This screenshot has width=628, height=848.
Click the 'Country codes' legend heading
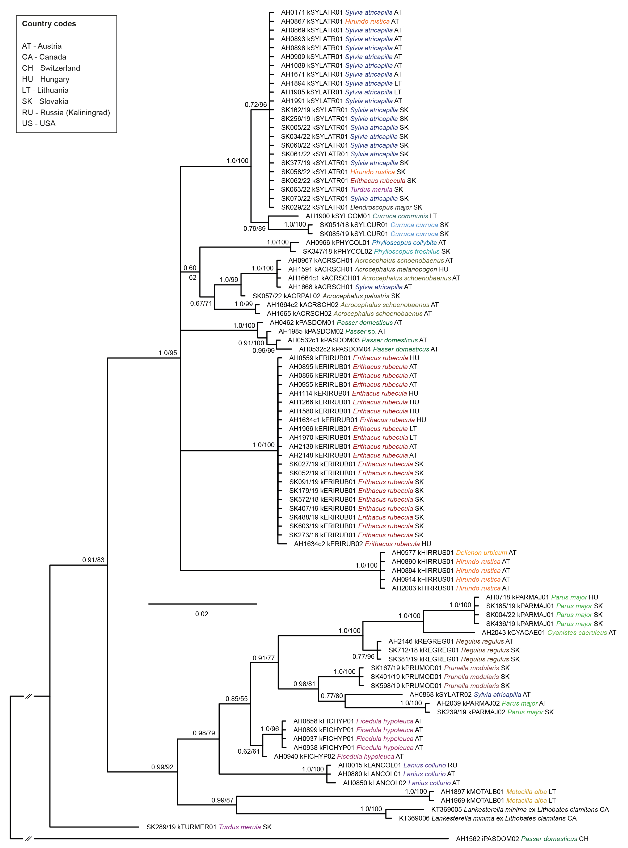[x=49, y=24]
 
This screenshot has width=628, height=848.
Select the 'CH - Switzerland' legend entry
[x=51, y=68]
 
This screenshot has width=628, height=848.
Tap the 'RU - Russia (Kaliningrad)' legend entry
[x=66, y=112]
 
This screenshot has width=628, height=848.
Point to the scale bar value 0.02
[x=202, y=614]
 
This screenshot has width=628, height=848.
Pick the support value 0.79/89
[x=254, y=229]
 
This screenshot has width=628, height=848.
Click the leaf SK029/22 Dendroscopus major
[x=351, y=207]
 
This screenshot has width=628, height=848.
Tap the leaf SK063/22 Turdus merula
[x=342, y=189]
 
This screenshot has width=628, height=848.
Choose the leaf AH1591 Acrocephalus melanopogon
[x=368, y=269]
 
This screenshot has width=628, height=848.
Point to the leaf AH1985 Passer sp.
[x=332, y=331]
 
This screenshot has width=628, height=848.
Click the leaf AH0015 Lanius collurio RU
[x=397, y=765]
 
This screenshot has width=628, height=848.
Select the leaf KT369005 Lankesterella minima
[x=519, y=809]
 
